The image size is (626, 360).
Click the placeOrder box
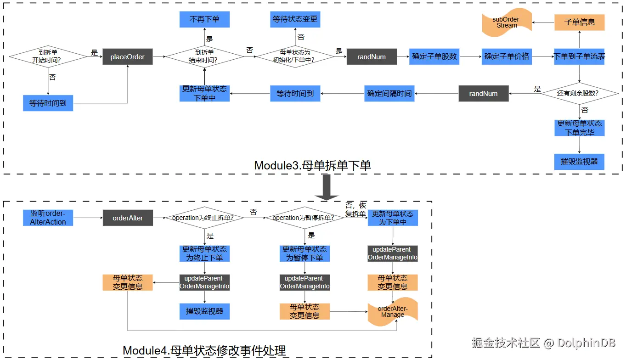click(x=127, y=57)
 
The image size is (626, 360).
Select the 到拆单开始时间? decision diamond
click(x=48, y=56)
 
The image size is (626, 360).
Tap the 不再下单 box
click(x=204, y=19)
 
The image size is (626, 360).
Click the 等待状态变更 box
click(x=295, y=19)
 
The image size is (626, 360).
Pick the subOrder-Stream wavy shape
click(x=507, y=22)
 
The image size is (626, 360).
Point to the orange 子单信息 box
click(x=579, y=22)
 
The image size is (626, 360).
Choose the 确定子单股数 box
click(x=434, y=57)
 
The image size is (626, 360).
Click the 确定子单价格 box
click(x=507, y=57)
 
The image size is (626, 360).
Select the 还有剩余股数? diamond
click(x=579, y=93)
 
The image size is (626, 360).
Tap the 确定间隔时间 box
click(x=389, y=93)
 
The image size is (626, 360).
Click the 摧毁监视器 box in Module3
click(x=579, y=162)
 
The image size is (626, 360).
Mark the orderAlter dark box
click(x=128, y=218)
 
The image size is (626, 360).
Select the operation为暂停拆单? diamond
click(x=305, y=218)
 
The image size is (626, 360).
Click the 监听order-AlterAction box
click(x=48, y=218)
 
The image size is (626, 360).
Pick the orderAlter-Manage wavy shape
click(x=393, y=312)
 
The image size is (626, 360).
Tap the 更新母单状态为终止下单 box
click(x=204, y=253)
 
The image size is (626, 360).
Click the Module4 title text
click(x=204, y=350)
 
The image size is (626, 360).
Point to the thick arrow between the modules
click(x=327, y=187)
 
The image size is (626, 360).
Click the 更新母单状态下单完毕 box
click(x=579, y=128)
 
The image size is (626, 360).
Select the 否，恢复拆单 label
click(x=355, y=209)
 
